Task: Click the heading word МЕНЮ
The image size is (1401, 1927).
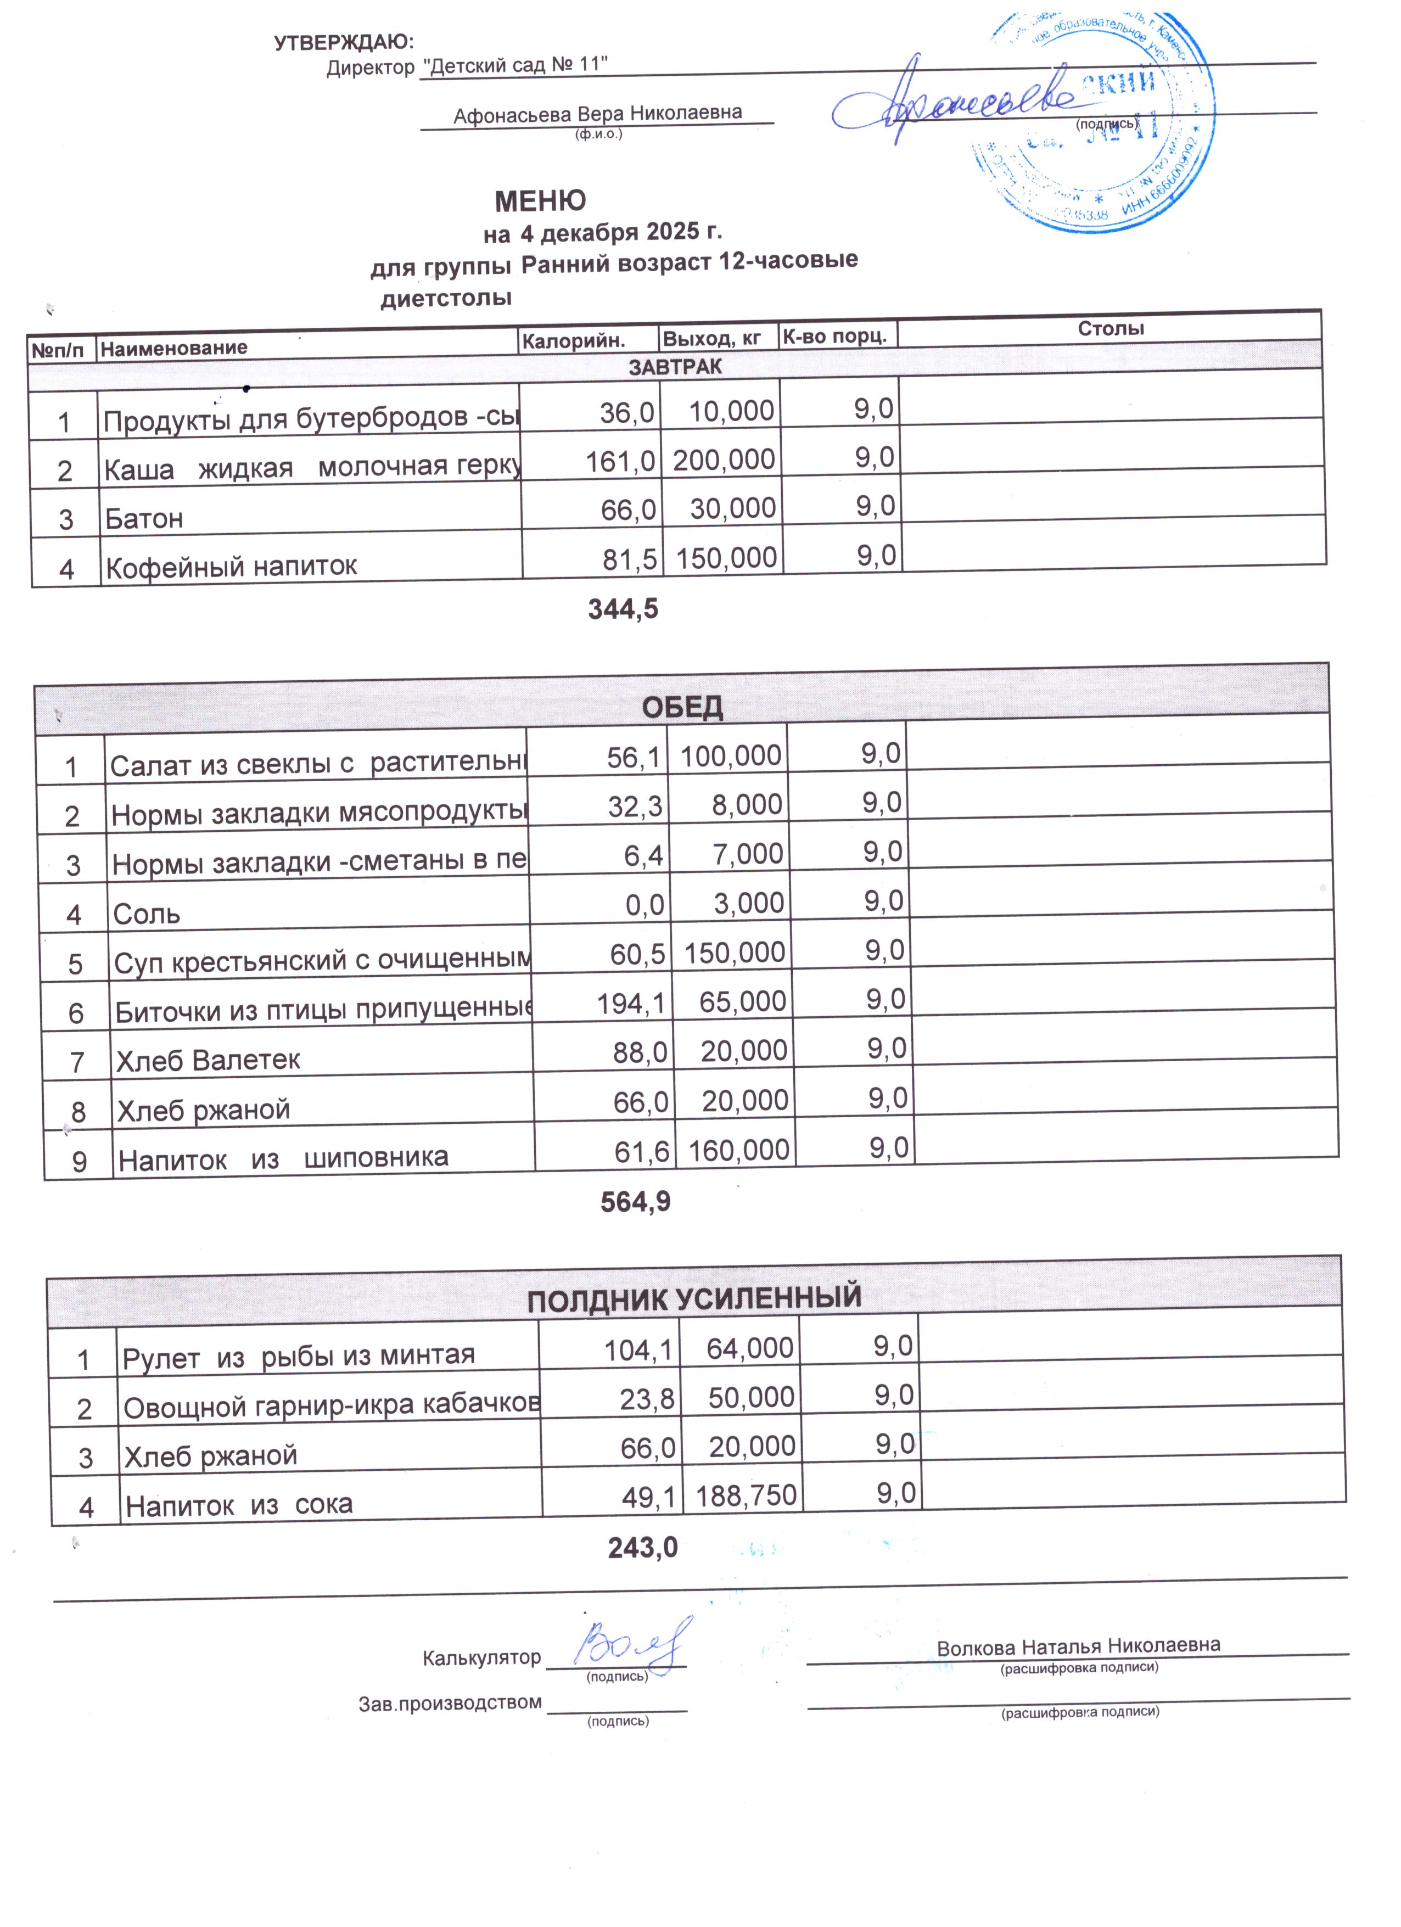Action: click(x=540, y=200)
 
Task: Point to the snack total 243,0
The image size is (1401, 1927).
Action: click(x=642, y=1547)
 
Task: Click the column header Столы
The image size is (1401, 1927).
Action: click(x=1111, y=328)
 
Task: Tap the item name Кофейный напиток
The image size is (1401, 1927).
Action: click(x=230, y=566)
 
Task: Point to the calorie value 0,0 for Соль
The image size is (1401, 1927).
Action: click(x=645, y=905)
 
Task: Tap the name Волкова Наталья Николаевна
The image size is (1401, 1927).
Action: click(x=1078, y=1646)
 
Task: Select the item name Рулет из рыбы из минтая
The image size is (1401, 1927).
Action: click(x=298, y=1355)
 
